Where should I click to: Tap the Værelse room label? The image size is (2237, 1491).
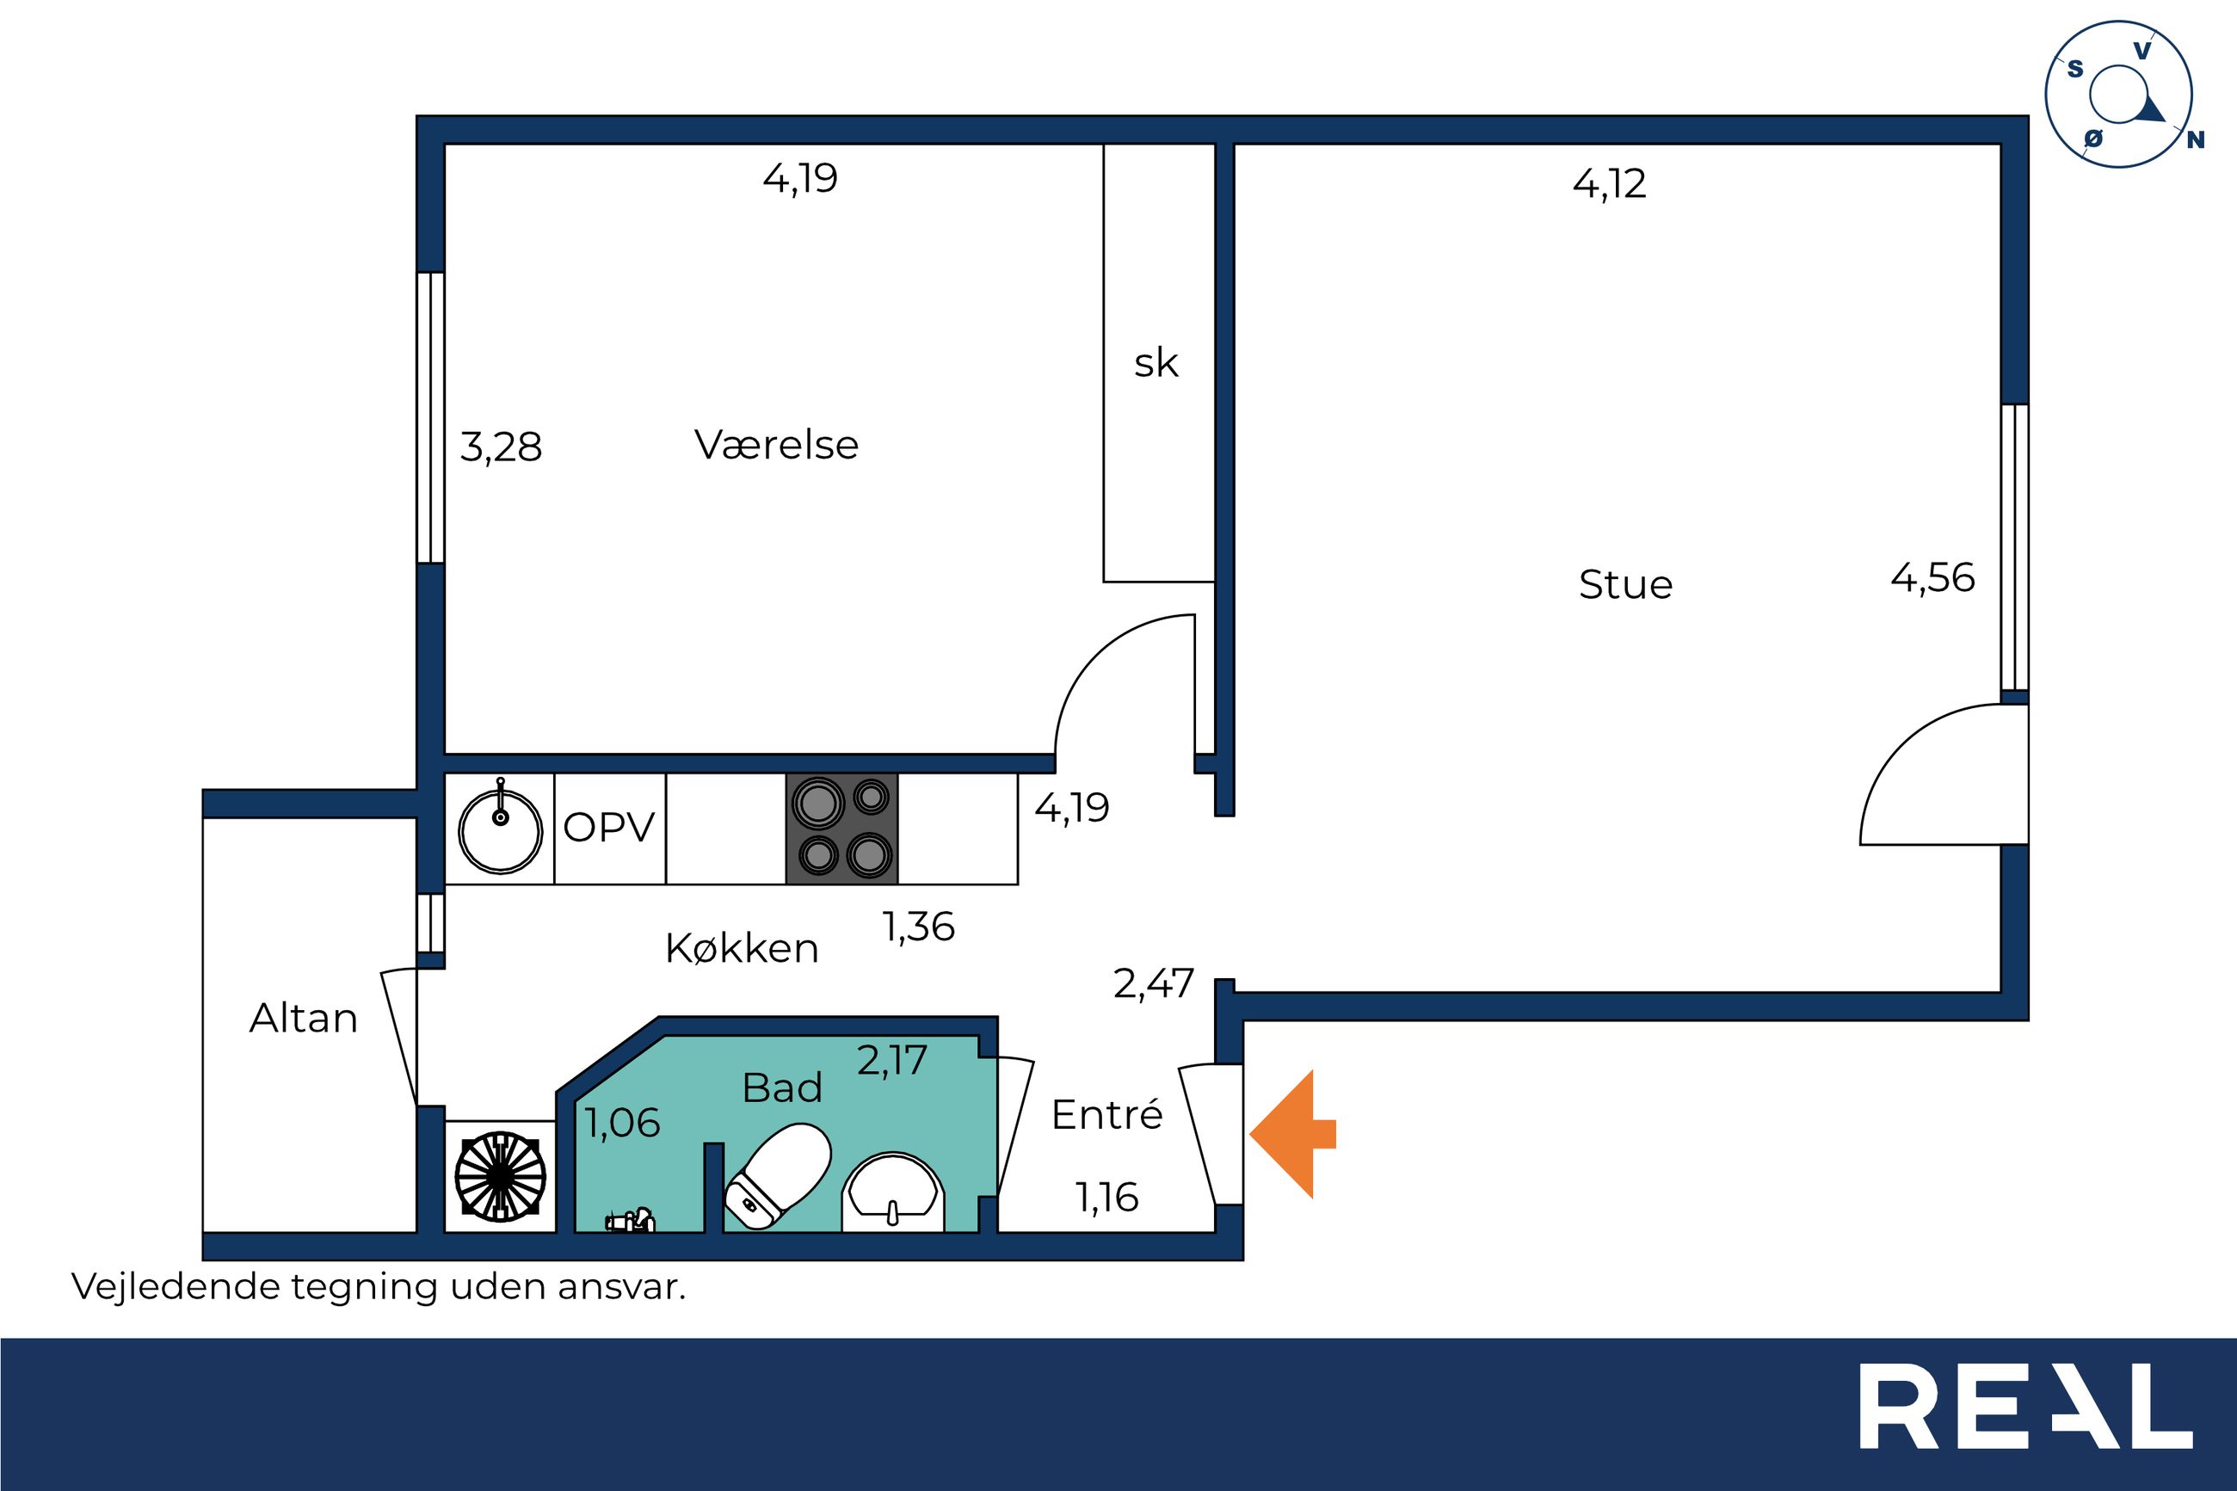(777, 444)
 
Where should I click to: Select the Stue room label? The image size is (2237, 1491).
(1626, 584)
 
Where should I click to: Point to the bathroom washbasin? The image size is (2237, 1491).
(893, 1192)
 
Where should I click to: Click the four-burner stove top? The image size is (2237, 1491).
(842, 829)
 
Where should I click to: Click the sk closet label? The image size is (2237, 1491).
(1156, 362)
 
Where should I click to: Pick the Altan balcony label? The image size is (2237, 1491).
(303, 1019)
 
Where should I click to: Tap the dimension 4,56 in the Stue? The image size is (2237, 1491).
(1932, 578)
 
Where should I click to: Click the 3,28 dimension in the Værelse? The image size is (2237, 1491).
(501, 447)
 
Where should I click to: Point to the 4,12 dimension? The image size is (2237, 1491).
(1609, 183)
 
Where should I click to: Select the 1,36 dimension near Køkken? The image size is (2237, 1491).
(918, 927)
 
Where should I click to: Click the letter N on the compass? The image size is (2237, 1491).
(2195, 139)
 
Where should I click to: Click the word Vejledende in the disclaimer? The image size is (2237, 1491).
(175, 1287)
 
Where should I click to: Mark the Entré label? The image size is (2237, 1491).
(1106, 1114)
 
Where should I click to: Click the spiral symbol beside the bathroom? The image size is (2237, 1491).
(500, 1176)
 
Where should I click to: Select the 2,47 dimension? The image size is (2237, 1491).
(1153, 984)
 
